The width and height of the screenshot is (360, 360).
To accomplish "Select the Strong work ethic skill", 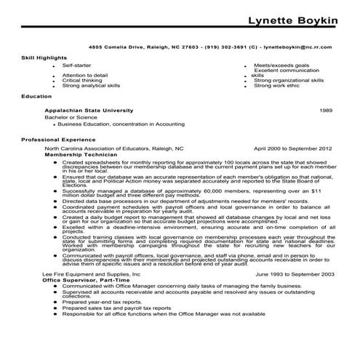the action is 277,85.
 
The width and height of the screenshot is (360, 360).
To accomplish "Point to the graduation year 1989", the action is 327,108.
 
